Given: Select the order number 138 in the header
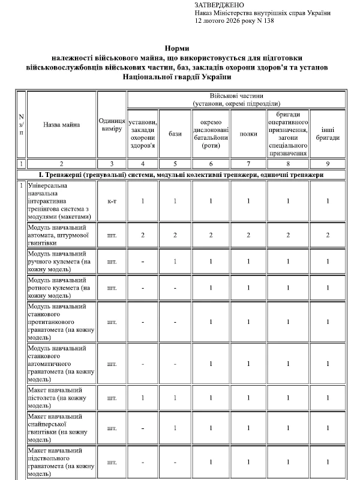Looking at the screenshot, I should point(268,20).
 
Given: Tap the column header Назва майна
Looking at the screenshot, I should point(61,124).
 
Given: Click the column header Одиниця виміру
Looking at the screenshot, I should point(111,124).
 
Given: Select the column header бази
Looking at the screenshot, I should point(175,133).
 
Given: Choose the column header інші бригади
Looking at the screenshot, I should point(328,133).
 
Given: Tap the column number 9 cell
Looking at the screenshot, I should point(328,163).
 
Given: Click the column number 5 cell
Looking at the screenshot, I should point(175,163).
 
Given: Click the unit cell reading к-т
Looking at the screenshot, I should point(111,200).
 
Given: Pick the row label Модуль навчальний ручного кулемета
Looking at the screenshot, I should point(61,262).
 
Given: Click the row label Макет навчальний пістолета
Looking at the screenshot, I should point(61,398).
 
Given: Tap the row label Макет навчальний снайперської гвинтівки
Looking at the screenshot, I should point(61,428).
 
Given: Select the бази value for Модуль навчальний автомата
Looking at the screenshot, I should point(175,235).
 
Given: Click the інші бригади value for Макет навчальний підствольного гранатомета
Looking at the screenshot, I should point(328,462).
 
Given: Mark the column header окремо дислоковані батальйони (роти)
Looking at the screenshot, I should point(209,133).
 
